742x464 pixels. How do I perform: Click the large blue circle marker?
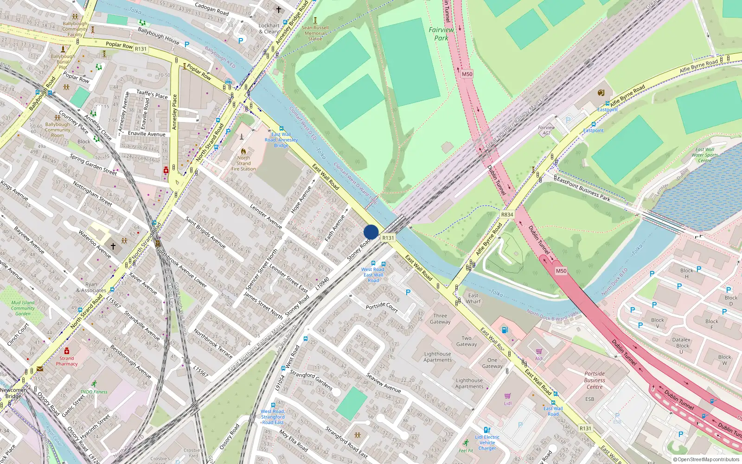371,232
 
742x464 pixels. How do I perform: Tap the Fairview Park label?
441,33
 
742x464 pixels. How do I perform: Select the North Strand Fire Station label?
243,163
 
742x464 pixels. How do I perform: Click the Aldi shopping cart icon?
539,351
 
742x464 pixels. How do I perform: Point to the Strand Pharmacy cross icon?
67,351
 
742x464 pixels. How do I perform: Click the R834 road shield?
507,215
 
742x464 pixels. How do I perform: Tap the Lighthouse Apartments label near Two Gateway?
437,357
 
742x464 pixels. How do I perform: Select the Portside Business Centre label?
595,380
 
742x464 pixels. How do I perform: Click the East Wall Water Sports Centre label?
704,155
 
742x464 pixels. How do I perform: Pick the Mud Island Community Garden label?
23,308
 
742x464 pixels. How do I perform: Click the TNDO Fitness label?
94,392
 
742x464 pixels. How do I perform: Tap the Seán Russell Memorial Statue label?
315,33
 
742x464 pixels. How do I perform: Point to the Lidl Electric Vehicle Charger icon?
487,430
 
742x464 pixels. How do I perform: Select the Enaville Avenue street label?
147,134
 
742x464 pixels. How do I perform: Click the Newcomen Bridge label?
13,393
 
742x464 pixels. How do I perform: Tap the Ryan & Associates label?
91,287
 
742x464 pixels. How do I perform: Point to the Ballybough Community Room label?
58,130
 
